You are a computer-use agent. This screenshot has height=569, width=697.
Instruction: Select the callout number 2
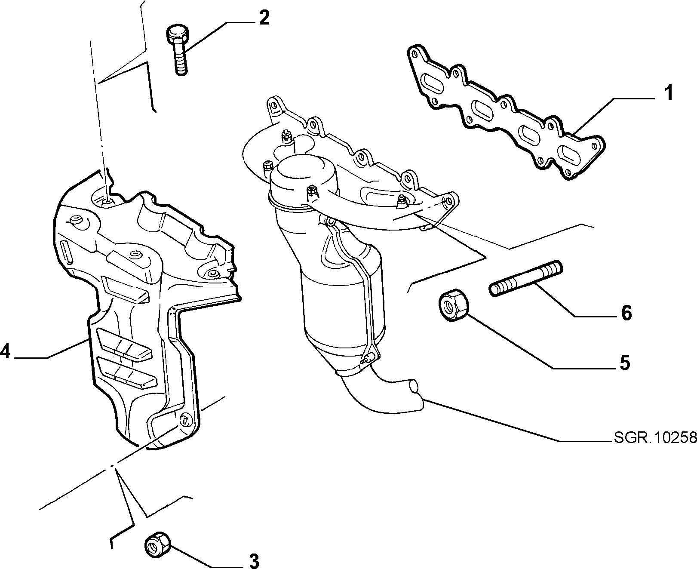coord(264,18)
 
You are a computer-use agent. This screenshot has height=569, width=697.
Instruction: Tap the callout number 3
coord(254,560)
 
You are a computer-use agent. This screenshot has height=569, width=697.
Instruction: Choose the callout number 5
coord(624,362)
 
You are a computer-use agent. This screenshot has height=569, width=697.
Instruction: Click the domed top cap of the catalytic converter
coord(303,176)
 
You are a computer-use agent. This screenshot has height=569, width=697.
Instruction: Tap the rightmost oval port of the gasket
coord(572,153)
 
